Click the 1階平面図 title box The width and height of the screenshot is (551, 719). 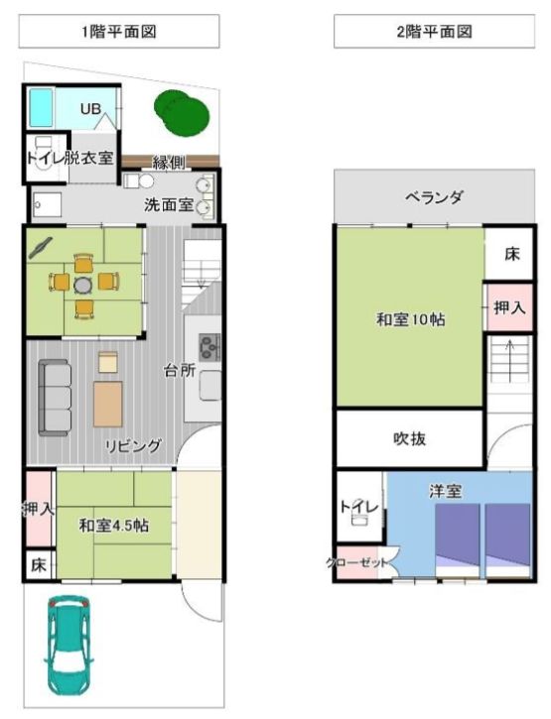(x=119, y=32)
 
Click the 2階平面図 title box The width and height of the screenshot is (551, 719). (x=435, y=32)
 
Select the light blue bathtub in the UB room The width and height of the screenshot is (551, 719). (x=43, y=106)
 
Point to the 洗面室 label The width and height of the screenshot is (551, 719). (x=169, y=206)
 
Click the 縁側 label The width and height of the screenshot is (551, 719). (x=169, y=163)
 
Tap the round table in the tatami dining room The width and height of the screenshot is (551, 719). (x=81, y=284)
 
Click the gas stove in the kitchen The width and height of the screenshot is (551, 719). (x=210, y=347)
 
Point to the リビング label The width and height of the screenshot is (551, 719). (x=134, y=446)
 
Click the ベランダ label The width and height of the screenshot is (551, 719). (x=434, y=197)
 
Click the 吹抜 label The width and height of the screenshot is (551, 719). (x=409, y=438)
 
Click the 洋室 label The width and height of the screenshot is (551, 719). (x=443, y=490)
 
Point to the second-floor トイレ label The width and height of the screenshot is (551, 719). (x=357, y=507)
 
